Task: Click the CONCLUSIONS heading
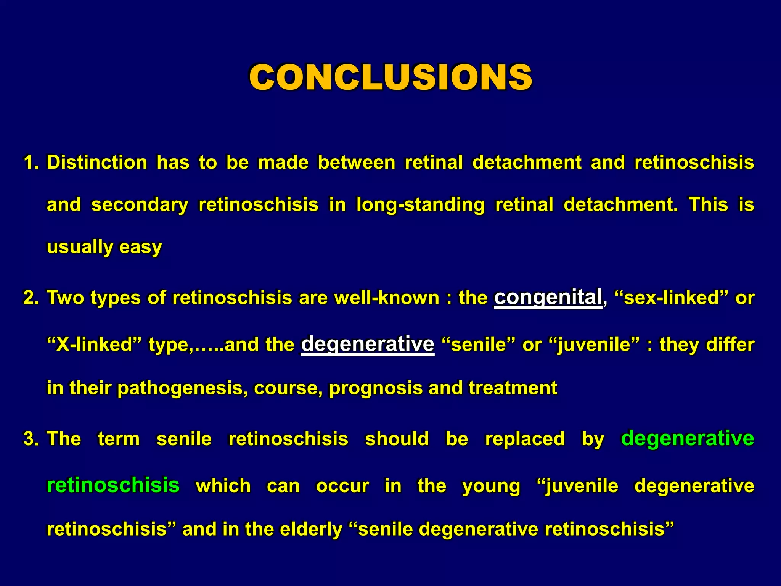coord(390,77)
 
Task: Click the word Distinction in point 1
coord(97,163)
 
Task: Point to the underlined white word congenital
coord(548,297)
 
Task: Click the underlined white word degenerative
coord(368,344)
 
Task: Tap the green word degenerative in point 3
coord(687,438)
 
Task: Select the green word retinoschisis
coord(113,485)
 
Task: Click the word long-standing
coord(420,205)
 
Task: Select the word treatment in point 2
coord(513,388)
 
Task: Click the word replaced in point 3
coord(525,439)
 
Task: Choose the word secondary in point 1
coord(140,205)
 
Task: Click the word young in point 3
coord(491,486)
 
